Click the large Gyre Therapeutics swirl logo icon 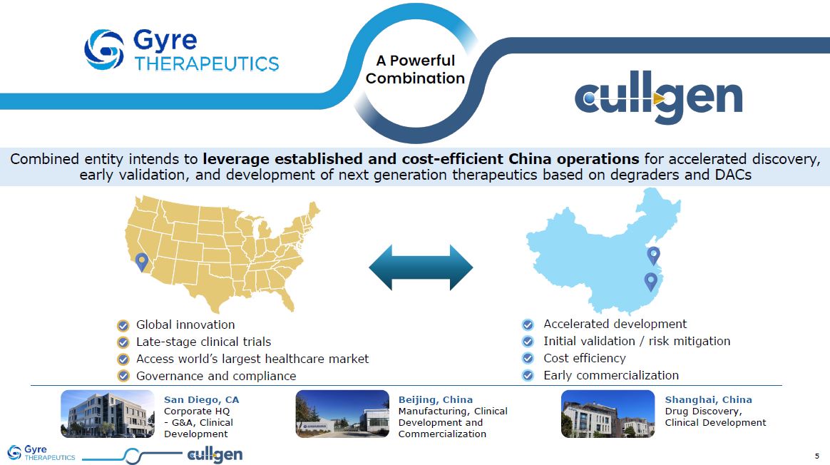[104, 50]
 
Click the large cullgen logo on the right [658, 98]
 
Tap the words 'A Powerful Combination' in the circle [416, 69]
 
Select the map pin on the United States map [141, 262]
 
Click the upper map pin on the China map [654, 255]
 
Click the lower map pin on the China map [650, 281]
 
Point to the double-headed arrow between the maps [421, 267]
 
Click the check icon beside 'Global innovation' [123, 325]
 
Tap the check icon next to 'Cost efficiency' [528, 359]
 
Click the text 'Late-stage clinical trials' [203, 342]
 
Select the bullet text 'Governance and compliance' [216, 376]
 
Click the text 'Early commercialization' [611, 376]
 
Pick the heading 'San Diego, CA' [201, 400]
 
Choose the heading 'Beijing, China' [436, 400]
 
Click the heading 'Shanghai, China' [708, 400]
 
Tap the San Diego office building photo [108, 414]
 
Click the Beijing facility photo [342, 414]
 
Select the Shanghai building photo [608, 414]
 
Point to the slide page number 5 [816, 456]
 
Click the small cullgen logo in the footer [215, 455]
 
